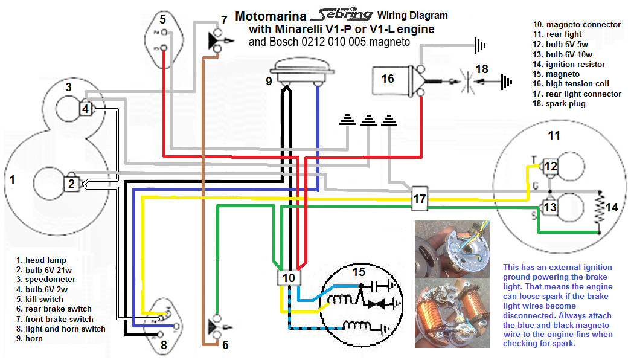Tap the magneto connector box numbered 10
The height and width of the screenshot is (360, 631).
pyautogui.click(x=289, y=277)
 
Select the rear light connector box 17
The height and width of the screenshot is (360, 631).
pyautogui.click(x=420, y=199)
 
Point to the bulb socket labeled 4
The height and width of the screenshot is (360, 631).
pyautogui.click(x=86, y=109)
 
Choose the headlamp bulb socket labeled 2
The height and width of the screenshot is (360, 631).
pyautogui.click(x=71, y=184)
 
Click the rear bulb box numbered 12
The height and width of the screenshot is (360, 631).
pyautogui.click(x=550, y=166)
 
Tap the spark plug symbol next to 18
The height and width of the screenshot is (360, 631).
pyautogui.click(x=464, y=81)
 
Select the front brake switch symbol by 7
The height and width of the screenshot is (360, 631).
pyautogui.click(x=216, y=41)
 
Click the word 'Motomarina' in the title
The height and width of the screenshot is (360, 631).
pyautogui.click(x=272, y=16)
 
